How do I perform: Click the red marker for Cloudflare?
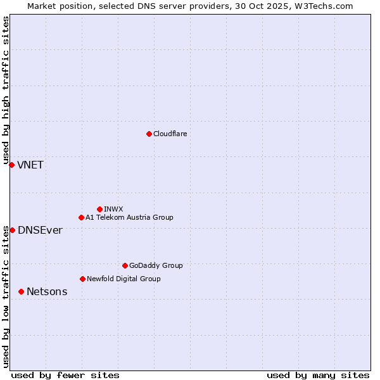149,134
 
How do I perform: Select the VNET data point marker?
11,165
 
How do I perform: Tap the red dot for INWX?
99,209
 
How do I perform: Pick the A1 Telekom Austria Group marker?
81,217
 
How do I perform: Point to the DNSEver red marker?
12,230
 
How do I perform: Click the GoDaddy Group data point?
125,265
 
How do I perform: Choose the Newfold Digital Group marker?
82,279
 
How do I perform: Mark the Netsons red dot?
21,291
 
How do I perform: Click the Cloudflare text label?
170,134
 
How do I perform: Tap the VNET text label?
30,165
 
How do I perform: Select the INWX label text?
113,209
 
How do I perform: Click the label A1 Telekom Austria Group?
129,217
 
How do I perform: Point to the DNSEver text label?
40,231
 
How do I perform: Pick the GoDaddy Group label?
156,265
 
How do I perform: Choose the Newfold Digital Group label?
123,279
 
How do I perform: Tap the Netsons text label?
47,292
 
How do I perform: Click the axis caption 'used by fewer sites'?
65,375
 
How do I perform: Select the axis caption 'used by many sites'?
318,375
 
